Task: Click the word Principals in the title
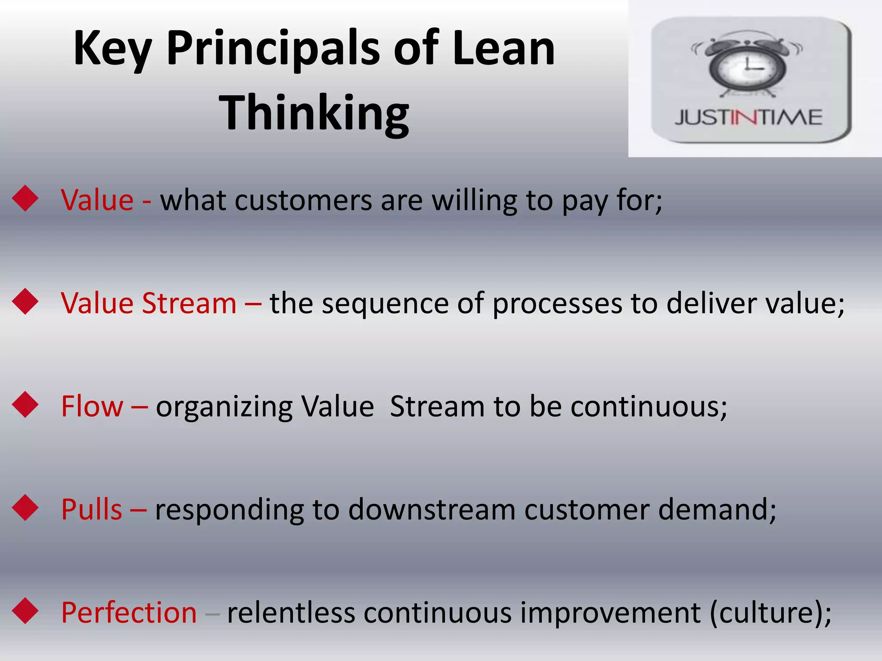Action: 273,48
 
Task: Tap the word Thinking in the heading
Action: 314,113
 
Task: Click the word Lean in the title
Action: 503,48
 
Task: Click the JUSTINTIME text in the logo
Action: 748,117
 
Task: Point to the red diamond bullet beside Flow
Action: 25,405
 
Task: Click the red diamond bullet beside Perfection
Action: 25,611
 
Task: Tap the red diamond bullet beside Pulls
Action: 25,508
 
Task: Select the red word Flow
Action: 92,406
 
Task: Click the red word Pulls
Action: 92,510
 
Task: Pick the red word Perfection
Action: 129,612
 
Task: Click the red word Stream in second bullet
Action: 189,303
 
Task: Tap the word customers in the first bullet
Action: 303,201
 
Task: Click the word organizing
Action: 224,407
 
